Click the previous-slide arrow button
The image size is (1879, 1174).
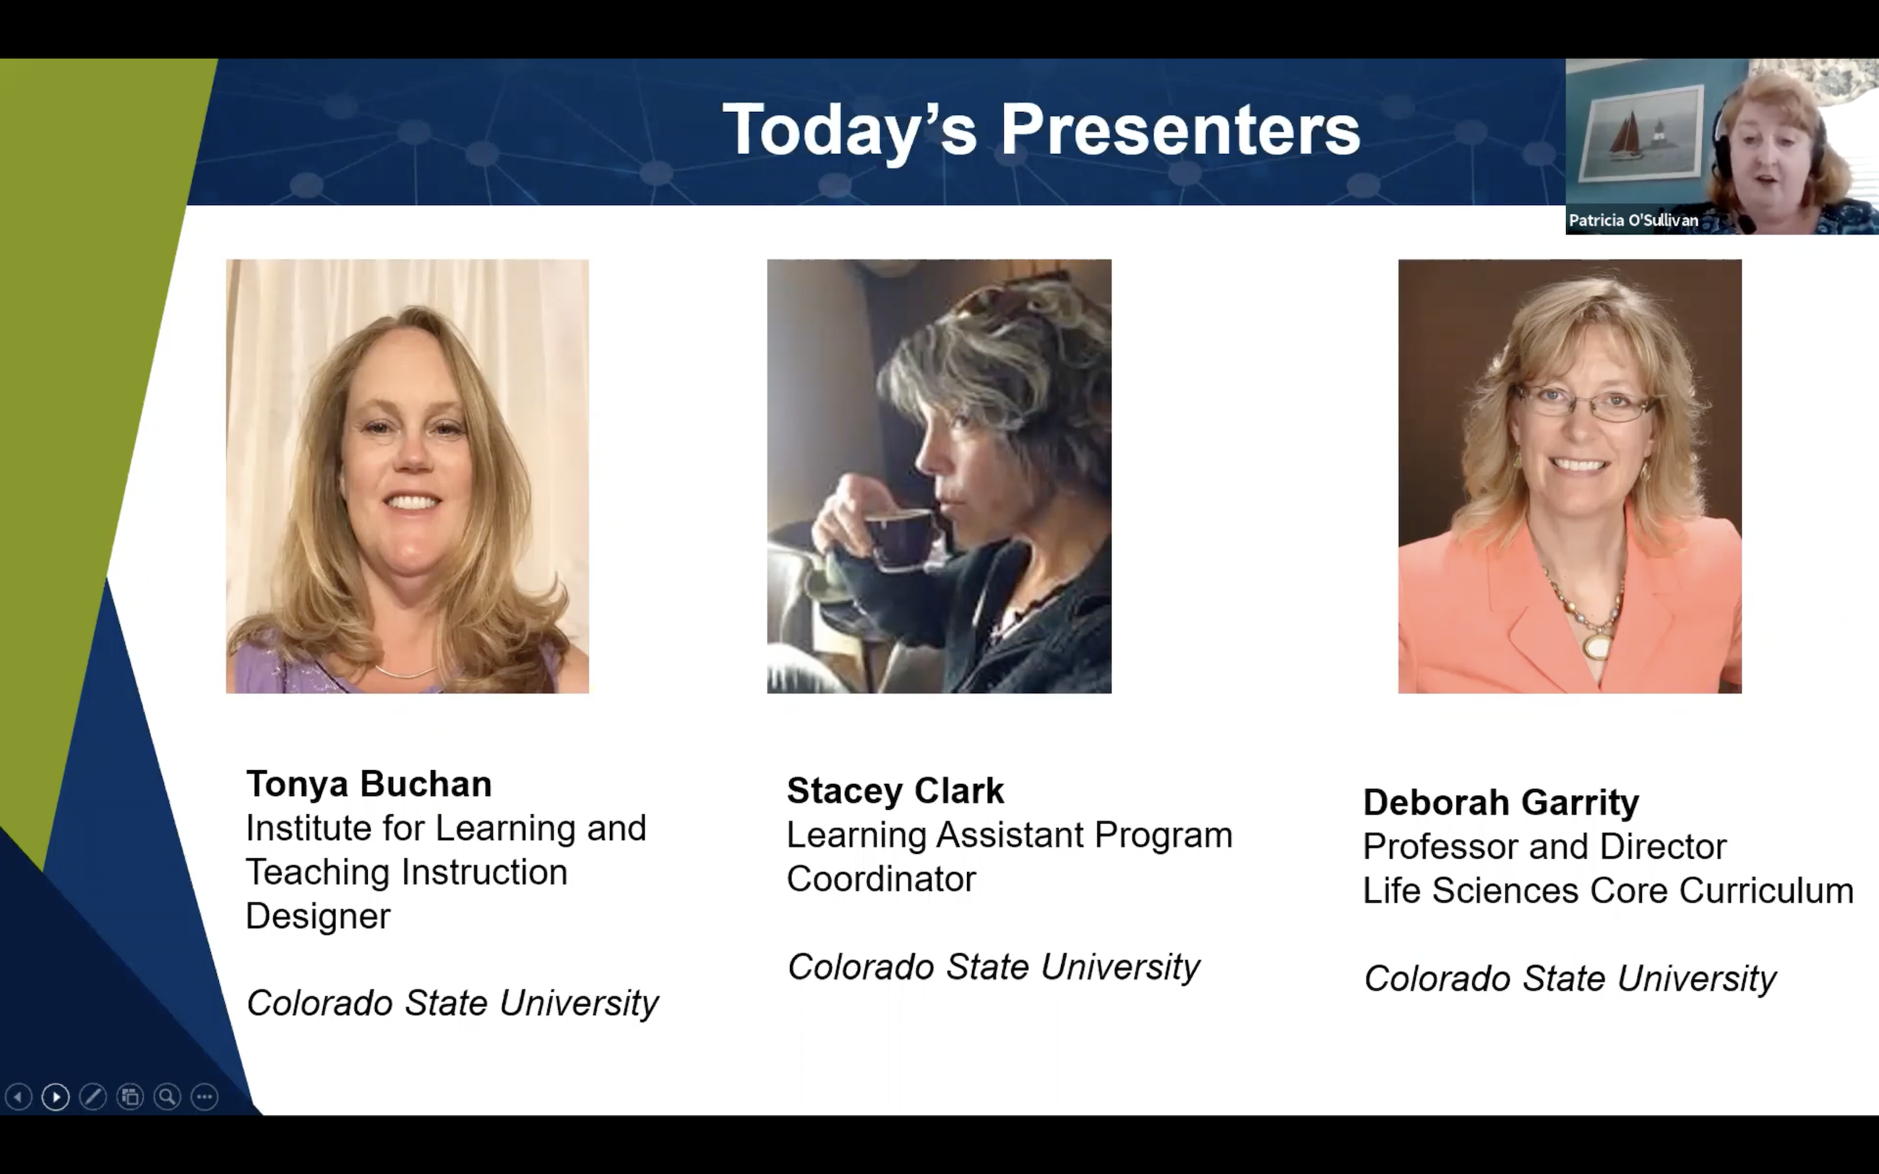click(18, 1097)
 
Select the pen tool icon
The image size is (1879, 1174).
click(93, 1097)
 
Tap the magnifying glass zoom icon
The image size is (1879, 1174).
click(167, 1097)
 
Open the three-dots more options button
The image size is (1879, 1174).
click(205, 1097)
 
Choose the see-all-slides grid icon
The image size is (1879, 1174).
click(129, 1097)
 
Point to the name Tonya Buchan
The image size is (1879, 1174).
click(369, 784)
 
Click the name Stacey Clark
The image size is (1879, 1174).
click(895, 791)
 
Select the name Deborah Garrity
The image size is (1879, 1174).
click(1501, 803)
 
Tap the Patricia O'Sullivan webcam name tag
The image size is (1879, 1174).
click(1633, 220)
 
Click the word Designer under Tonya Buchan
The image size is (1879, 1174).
click(318, 917)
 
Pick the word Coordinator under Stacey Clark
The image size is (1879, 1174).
click(881, 879)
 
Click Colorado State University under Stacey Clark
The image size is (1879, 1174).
click(993, 967)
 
